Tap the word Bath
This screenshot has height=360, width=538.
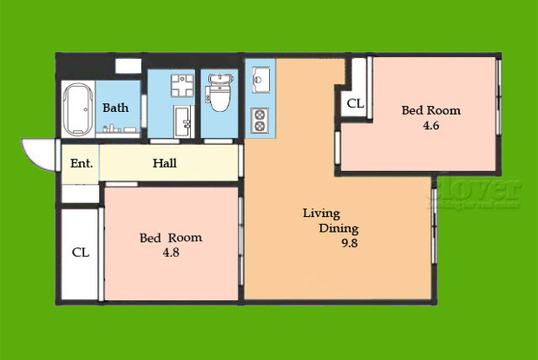coord(116,108)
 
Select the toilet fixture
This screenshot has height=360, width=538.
coord(217,95)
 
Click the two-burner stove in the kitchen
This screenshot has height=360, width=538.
coord(259,119)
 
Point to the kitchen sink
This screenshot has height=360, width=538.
coord(260,81)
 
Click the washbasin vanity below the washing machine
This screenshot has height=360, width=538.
coord(184,121)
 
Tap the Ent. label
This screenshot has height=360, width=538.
coord(81,163)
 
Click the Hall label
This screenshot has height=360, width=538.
coord(165,163)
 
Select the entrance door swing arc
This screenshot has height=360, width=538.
coord(40,156)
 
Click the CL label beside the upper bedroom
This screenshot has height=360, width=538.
coord(355,104)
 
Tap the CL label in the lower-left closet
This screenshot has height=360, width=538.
coord(80,253)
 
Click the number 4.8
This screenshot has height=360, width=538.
coord(170,252)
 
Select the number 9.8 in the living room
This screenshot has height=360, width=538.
coord(349,244)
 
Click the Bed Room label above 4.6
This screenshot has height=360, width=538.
coord(430,111)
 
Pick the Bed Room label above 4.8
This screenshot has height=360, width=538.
coord(171,238)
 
